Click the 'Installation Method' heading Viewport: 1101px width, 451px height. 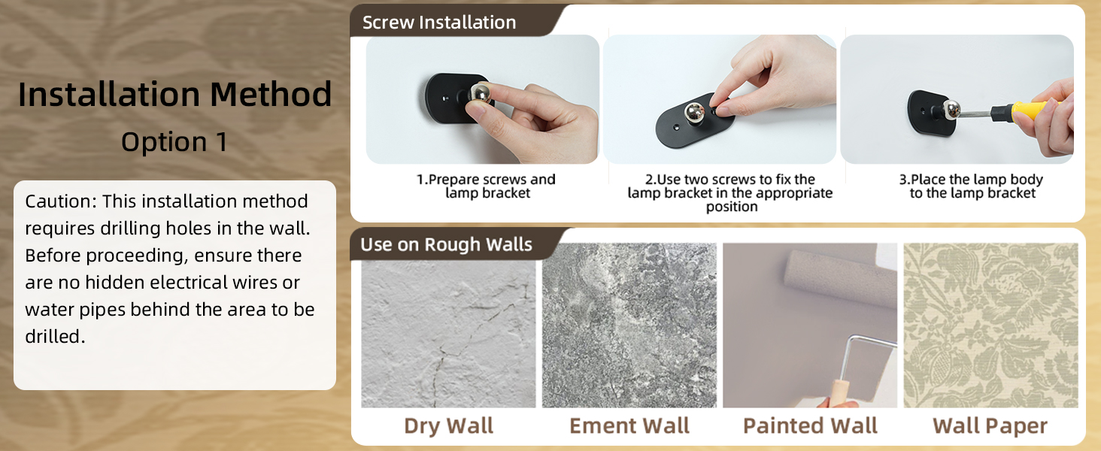(x=174, y=95)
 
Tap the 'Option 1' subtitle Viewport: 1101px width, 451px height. (x=174, y=142)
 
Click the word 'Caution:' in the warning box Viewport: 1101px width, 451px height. (x=60, y=201)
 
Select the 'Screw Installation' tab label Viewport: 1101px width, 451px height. (x=439, y=23)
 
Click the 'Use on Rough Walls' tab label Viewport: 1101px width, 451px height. (x=446, y=245)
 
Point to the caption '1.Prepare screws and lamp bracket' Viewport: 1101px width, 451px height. (x=486, y=186)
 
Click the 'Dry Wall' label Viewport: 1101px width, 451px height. (x=448, y=426)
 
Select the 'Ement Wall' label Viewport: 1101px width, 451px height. (x=629, y=426)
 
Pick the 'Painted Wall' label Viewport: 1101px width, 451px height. (x=810, y=426)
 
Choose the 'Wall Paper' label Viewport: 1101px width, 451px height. (x=990, y=426)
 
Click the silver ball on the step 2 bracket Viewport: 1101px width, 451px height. (x=693, y=113)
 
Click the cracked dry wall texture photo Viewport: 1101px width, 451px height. (x=448, y=325)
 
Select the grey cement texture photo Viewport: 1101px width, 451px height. (x=629, y=325)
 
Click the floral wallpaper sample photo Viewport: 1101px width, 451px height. (x=990, y=325)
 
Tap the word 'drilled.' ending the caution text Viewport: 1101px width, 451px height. (x=55, y=337)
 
